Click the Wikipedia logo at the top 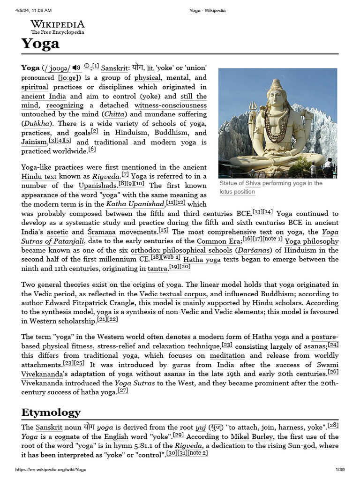58,27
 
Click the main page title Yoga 40,44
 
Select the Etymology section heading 51,412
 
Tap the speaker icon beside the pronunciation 76,68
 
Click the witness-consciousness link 170,105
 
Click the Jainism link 34,142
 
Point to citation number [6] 92,150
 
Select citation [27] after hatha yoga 123,390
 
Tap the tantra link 157,269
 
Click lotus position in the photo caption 237,192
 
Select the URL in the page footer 51,470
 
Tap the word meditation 227,356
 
